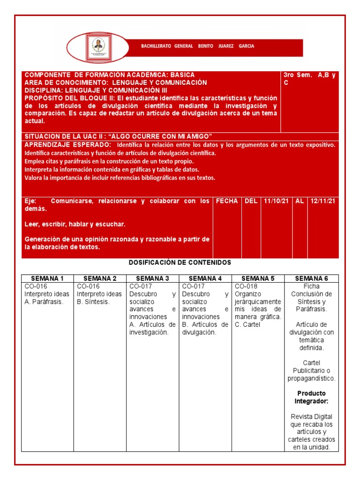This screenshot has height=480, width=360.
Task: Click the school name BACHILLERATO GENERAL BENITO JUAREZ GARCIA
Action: tap(198, 46)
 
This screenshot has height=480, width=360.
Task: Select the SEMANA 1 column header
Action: tap(47, 278)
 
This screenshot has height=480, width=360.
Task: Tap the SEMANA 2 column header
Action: tap(100, 278)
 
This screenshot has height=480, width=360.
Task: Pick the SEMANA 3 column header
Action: tap(152, 278)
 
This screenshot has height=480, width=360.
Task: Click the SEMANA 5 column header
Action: tap(258, 278)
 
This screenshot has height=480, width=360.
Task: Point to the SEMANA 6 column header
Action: tap(311, 278)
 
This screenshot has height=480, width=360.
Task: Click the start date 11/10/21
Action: tap(276, 201)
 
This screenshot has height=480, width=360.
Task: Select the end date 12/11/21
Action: tap(323, 201)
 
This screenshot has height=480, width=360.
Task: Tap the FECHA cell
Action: tap(227, 201)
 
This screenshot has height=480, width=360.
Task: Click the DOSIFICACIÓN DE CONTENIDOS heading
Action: tap(180, 262)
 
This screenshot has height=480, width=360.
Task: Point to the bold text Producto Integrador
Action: tap(311, 397)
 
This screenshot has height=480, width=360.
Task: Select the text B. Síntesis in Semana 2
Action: tap(93, 301)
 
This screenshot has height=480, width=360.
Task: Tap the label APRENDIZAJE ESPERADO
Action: tap(68, 145)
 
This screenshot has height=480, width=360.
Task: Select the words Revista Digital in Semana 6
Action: tap(311, 417)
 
